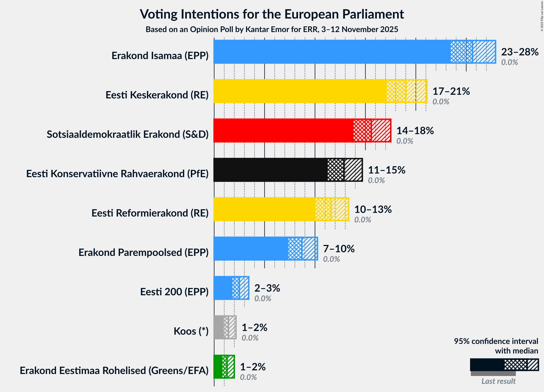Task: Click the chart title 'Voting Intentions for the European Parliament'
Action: (272, 14)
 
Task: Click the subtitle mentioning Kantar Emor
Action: (272, 30)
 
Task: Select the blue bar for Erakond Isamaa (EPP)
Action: (332, 52)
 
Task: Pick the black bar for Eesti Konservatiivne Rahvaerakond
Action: (270, 170)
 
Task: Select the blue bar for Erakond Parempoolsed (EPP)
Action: (250, 249)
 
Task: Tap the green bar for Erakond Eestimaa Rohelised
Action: (218, 367)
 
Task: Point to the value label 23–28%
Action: (520, 52)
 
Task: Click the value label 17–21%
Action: (451, 91)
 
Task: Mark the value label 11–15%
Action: (386, 170)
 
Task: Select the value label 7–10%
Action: (339, 249)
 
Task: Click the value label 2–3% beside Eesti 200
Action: (267, 288)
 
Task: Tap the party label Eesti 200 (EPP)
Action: (174, 292)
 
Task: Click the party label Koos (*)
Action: (191, 331)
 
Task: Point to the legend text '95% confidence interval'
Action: (496, 341)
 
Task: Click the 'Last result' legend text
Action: (498, 381)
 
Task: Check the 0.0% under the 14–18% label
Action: (404, 141)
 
